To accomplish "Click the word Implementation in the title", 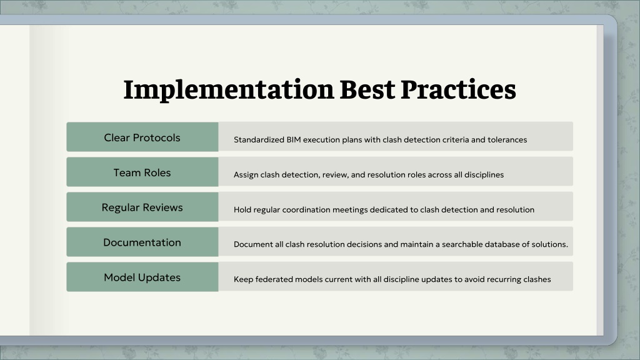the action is pos(229,90).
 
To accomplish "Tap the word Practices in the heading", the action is pos(458,89).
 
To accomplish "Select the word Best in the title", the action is pos(367,89).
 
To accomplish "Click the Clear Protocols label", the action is pos(142,137).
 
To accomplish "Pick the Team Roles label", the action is pos(142,172).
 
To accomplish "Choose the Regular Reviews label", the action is pos(142,207).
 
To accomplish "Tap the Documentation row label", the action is pos(142,242).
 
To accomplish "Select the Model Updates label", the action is pos(142,277).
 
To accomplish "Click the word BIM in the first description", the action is pos(294,139).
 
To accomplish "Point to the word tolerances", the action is pos(507,139).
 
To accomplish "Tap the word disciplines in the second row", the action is pos(484,175).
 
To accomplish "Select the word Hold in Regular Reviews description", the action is pos(242,210).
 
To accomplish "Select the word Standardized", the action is pos(259,139).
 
